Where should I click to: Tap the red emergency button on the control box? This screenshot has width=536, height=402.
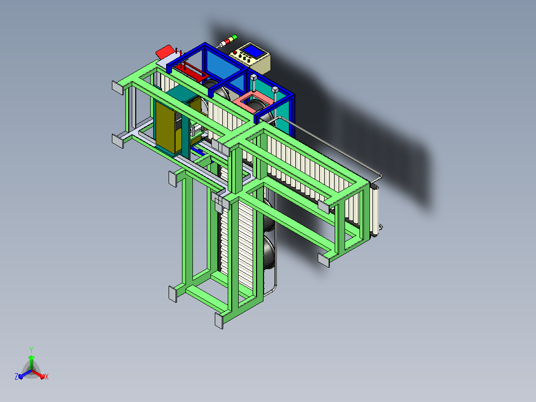(235, 52)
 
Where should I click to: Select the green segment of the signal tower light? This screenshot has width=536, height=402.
(235, 37)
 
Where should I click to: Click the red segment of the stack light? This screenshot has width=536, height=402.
(227, 41)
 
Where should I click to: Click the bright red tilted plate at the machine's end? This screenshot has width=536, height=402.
(165, 52)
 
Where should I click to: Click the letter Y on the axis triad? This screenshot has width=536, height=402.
(31, 350)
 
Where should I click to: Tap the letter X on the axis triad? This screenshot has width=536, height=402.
(47, 377)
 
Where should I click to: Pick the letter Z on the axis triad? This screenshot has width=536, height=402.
(16, 376)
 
